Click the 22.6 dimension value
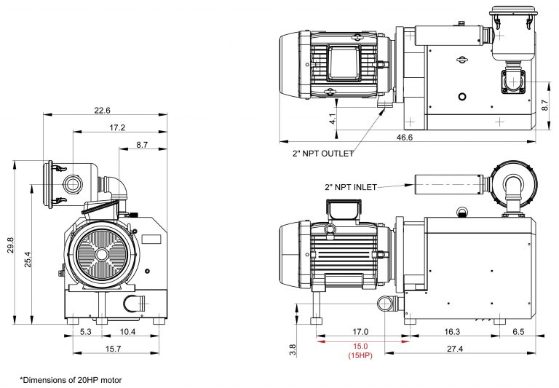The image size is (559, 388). (103, 111)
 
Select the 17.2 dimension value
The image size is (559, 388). (117, 127)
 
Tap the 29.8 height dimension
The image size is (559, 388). (10, 245)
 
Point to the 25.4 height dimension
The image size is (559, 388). (28, 259)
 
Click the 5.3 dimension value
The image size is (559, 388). (86, 332)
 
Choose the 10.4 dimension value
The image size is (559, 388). (127, 332)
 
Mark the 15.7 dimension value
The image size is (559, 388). (113, 349)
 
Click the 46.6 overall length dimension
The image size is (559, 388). (404, 138)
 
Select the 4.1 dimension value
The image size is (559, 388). (332, 119)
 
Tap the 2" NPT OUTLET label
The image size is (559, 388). (323, 154)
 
